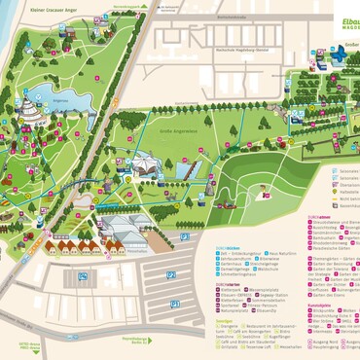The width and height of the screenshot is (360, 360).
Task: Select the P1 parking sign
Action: pos(176,304)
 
